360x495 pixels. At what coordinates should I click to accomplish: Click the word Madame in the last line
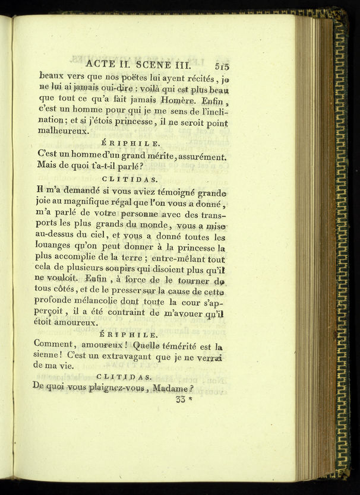(170, 388)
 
